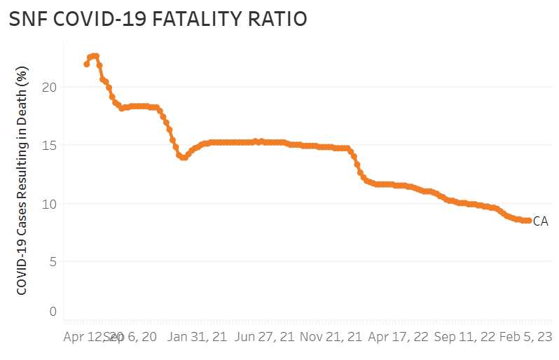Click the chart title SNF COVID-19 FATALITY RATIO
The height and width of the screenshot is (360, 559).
[x=158, y=20]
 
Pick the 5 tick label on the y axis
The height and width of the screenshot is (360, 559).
[x=53, y=262]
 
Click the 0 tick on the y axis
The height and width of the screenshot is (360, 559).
[x=53, y=312]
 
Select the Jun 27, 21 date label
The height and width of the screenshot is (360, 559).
[x=265, y=337]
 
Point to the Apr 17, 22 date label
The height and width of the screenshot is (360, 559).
[x=398, y=337]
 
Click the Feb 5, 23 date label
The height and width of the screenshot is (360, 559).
[x=525, y=337]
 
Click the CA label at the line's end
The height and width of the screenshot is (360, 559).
[x=540, y=221]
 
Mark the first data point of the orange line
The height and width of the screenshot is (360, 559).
[x=86, y=64]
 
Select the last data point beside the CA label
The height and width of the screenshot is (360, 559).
[x=528, y=221]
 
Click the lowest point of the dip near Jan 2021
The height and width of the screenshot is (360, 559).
[x=184, y=158]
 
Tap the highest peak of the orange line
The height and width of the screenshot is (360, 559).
[x=95, y=55]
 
